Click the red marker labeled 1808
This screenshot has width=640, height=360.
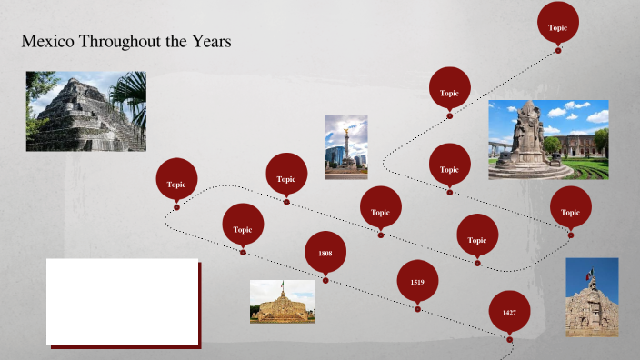click(x=325, y=252)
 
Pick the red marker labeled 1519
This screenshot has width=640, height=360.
click(x=417, y=282)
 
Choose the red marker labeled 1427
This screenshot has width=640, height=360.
click(x=509, y=312)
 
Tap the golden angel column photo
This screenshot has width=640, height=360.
click(x=346, y=146)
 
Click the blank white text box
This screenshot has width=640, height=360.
click(x=123, y=301)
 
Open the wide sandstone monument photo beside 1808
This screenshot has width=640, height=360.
click(x=282, y=302)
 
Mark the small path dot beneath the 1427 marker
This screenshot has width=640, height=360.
click(x=509, y=340)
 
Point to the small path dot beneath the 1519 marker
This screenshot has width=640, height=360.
click(x=417, y=309)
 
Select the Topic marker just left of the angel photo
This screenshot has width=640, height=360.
click(x=286, y=178)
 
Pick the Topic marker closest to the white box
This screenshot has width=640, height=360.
click(x=243, y=228)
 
